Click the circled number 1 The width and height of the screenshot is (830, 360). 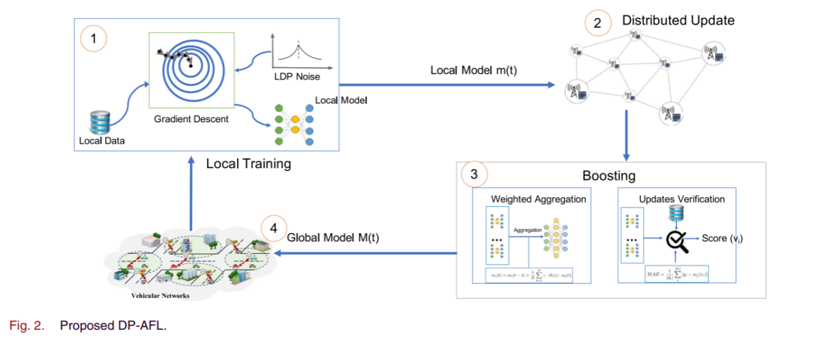coord(94,39)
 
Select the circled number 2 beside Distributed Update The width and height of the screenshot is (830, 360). coord(598,24)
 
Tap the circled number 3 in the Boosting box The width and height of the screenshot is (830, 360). coord(473,174)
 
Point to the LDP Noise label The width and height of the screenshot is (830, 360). coord(297,77)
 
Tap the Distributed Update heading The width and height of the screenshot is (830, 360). coord(678,20)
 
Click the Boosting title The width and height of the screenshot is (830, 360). coord(608,176)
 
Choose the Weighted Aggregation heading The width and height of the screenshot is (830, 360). coord(538,199)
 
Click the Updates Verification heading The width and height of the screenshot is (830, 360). coord(681,199)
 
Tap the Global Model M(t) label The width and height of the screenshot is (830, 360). coord(333,238)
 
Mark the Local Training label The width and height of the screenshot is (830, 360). coord(248,164)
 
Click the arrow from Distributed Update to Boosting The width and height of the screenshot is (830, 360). coord(626,135)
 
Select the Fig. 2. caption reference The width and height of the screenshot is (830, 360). coord(26,325)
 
